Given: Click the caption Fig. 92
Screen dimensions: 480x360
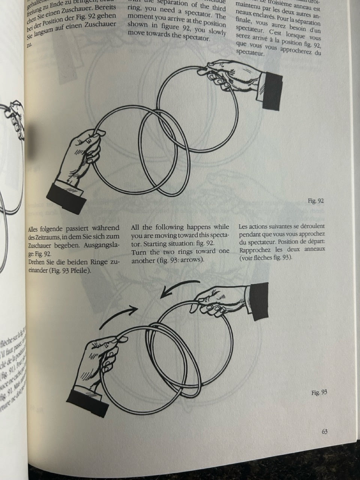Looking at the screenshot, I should pyautogui.click(x=315, y=201).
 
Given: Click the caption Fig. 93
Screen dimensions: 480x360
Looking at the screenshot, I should pyautogui.click(x=319, y=393).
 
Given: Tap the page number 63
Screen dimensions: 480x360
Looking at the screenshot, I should pyautogui.click(x=325, y=431).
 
